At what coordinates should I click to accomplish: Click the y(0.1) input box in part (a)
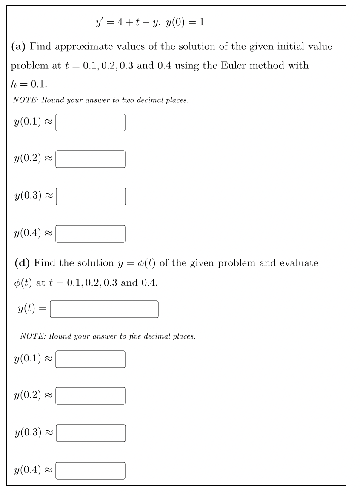(90, 122)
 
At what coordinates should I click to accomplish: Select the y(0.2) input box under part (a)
(90, 159)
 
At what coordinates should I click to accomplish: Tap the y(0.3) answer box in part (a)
(90, 196)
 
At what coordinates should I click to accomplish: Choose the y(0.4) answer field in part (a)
(90, 233)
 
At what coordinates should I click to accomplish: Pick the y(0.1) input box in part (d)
(90, 359)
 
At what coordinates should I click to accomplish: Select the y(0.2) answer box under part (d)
(90, 396)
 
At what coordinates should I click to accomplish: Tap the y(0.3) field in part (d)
(90, 433)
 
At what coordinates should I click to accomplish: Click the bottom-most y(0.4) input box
(90, 470)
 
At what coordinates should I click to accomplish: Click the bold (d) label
(22, 263)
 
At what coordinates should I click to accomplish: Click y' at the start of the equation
(100, 23)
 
